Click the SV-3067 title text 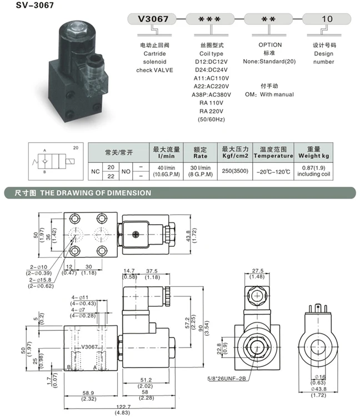point(35,5)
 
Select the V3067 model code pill point(152,19)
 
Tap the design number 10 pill point(327,19)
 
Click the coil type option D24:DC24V point(211,70)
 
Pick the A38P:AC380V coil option point(211,95)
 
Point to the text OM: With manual point(269,95)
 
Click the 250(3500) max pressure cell point(235,171)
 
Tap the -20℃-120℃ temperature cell point(273,172)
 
